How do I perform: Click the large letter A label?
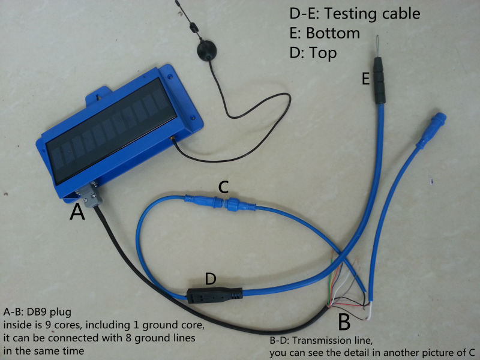(77, 212)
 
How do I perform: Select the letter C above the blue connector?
(223, 187)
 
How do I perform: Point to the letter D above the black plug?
(211, 278)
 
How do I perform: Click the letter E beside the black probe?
(365, 79)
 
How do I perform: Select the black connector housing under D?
(215, 295)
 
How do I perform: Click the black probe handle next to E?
(379, 80)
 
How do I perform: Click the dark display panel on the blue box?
(112, 130)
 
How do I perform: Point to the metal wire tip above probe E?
(378, 46)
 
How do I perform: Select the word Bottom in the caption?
(333, 33)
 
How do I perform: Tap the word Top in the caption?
(323, 53)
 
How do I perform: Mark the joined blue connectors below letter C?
(220, 203)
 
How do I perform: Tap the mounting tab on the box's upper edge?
(98, 94)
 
